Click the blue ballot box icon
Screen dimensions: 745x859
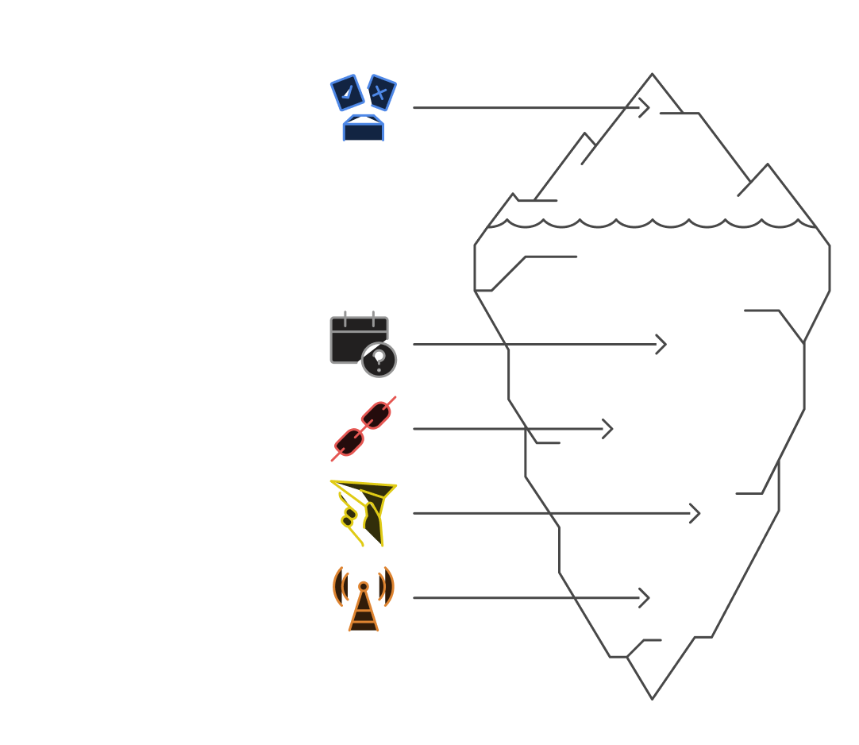(x=363, y=109)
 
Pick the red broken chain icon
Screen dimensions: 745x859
(x=364, y=429)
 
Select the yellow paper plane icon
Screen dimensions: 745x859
(x=364, y=513)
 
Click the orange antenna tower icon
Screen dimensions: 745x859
(x=363, y=599)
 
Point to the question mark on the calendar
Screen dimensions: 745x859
(x=379, y=361)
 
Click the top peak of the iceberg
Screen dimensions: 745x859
(x=653, y=76)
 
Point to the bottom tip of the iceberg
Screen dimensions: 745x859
(x=652, y=697)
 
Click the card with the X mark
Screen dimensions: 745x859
(x=381, y=94)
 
